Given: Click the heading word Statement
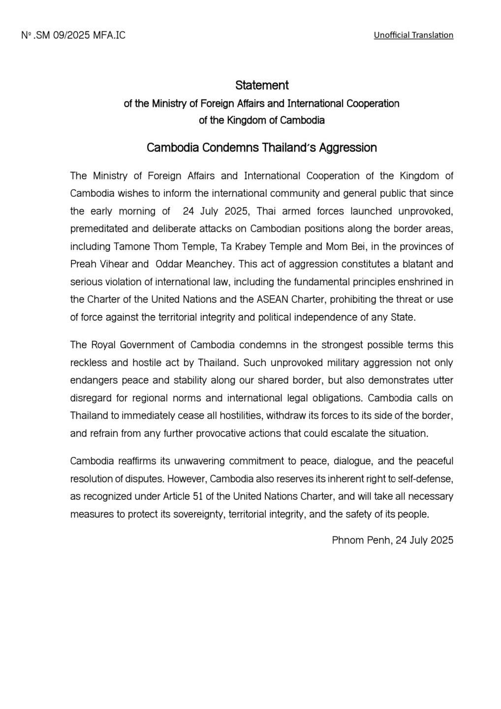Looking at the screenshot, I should (262, 85).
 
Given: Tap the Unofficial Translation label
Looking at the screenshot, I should (413, 35).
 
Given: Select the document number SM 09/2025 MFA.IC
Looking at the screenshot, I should (74, 35).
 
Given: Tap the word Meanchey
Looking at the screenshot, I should (210, 264).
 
